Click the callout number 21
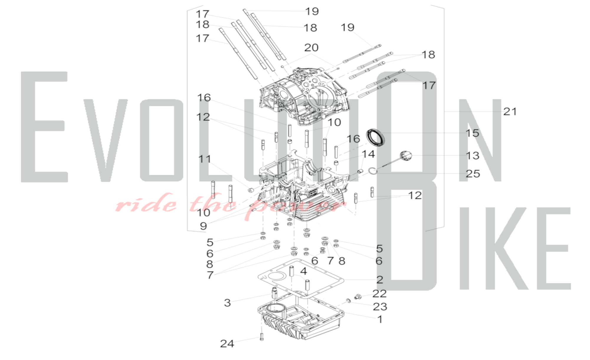[510, 112]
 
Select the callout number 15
[472, 133]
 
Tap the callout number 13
[472, 156]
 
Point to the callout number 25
[473, 174]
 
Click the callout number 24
[227, 343]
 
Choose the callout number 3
[227, 303]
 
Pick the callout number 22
[379, 294]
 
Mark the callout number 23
[380, 307]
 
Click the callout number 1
[380, 319]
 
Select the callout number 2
[380, 279]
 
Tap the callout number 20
[311, 48]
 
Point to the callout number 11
[205, 159]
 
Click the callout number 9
[203, 226]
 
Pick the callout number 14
[368, 154]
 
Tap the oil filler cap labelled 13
[406, 156]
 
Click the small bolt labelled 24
[262, 337]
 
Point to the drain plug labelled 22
[358, 296]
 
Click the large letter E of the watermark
[44, 127]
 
